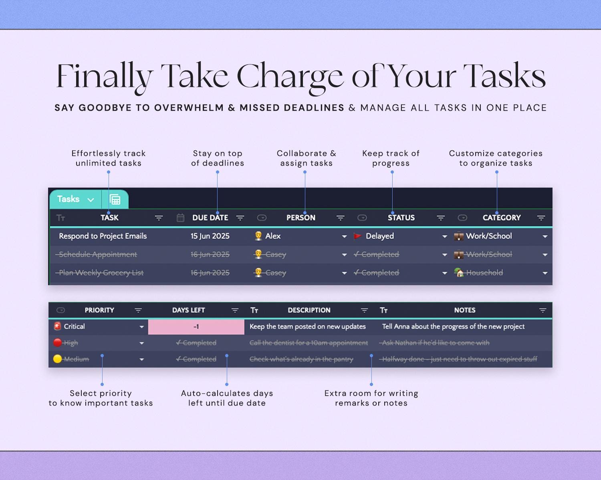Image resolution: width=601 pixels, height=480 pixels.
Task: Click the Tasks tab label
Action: (69, 199)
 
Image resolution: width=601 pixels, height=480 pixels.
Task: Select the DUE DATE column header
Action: (210, 218)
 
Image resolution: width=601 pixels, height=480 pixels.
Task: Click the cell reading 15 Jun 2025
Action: (210, 236)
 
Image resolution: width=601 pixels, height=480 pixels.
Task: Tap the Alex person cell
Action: (273, 236)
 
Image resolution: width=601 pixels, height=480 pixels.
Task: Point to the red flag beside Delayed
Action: (357, 236)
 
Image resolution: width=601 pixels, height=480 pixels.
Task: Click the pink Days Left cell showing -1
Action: (196, 327)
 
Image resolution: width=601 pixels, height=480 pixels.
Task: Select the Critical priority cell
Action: (75, 326)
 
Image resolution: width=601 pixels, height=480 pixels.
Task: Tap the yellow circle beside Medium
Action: (57, 359)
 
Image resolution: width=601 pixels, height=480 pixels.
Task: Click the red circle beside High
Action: (57, 342)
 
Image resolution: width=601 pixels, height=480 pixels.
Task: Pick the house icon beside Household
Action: (459, 272)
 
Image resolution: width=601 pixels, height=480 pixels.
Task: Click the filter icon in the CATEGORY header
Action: (541, 218)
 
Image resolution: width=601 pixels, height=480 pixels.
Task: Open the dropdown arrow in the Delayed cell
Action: (444, 236)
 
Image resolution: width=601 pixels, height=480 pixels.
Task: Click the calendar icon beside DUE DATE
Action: (181, 218)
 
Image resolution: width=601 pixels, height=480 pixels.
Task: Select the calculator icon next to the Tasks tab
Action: (115, 199)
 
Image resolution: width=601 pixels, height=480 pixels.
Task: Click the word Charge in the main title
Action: (290, 76)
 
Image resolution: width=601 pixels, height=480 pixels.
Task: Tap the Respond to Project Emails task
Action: (103, 236)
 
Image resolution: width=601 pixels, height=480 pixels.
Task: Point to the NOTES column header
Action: (464, 310)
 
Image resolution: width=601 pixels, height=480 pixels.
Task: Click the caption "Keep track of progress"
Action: (391, 158)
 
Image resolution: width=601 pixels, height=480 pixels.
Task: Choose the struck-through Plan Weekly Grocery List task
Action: (101, 273)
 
